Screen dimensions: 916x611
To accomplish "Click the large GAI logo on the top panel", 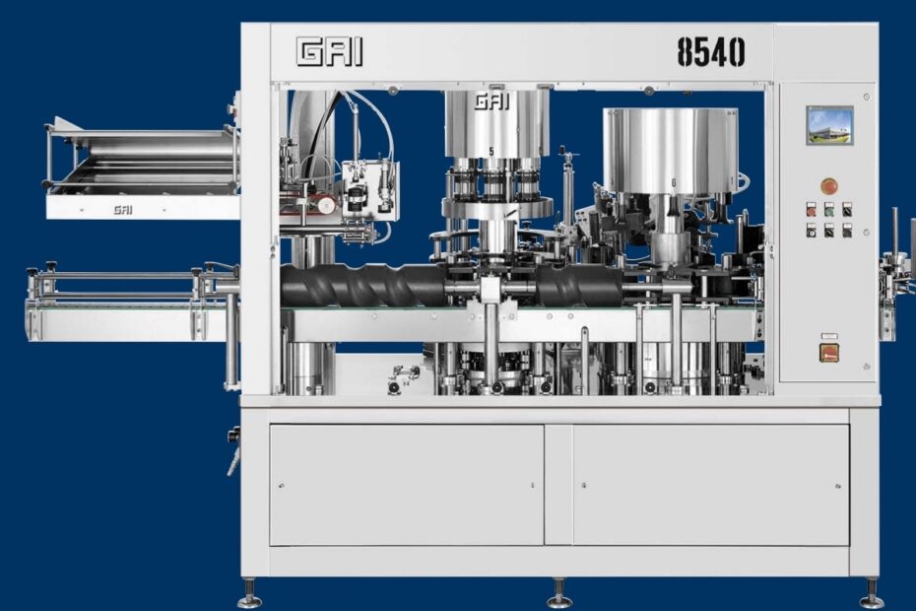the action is tap(330, 51).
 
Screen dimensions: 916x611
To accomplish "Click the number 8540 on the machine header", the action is tap(711, 52).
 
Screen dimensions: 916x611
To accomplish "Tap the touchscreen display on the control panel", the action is tap(829, 125).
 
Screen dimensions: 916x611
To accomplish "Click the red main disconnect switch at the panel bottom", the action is tap(829, 352).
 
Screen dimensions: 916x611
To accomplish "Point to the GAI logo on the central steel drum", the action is tap(491, 102).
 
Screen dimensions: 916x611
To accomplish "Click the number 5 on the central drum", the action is tap(491, 152).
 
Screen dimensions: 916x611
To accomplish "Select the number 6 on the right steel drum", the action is tap(674, 183).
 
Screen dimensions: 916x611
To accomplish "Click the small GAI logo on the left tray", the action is tap(123, 209).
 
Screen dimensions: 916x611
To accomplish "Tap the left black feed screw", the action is tap(363, 286).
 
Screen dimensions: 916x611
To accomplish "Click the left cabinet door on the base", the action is tap(407, 485).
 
